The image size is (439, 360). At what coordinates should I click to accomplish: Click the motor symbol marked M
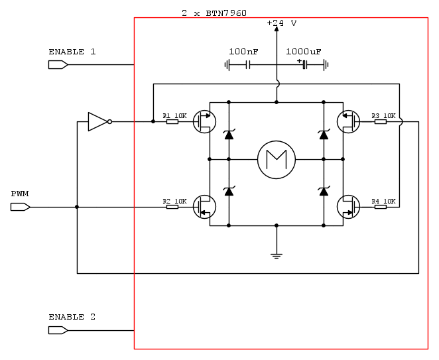(277, 160)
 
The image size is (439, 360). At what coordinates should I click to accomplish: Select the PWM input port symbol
(21, 207)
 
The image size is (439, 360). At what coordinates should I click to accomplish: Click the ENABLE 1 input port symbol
(58, 65)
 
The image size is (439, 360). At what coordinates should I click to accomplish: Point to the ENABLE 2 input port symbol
(58, 330)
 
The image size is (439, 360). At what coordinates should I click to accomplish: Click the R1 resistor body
(172, 122)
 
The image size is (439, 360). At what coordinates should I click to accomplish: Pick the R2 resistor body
(172, 207)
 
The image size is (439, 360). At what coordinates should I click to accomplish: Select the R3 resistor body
(381, 122)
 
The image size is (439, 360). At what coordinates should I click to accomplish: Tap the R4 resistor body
(381, 207)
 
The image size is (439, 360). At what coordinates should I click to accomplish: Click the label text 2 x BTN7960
(214, 13)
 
